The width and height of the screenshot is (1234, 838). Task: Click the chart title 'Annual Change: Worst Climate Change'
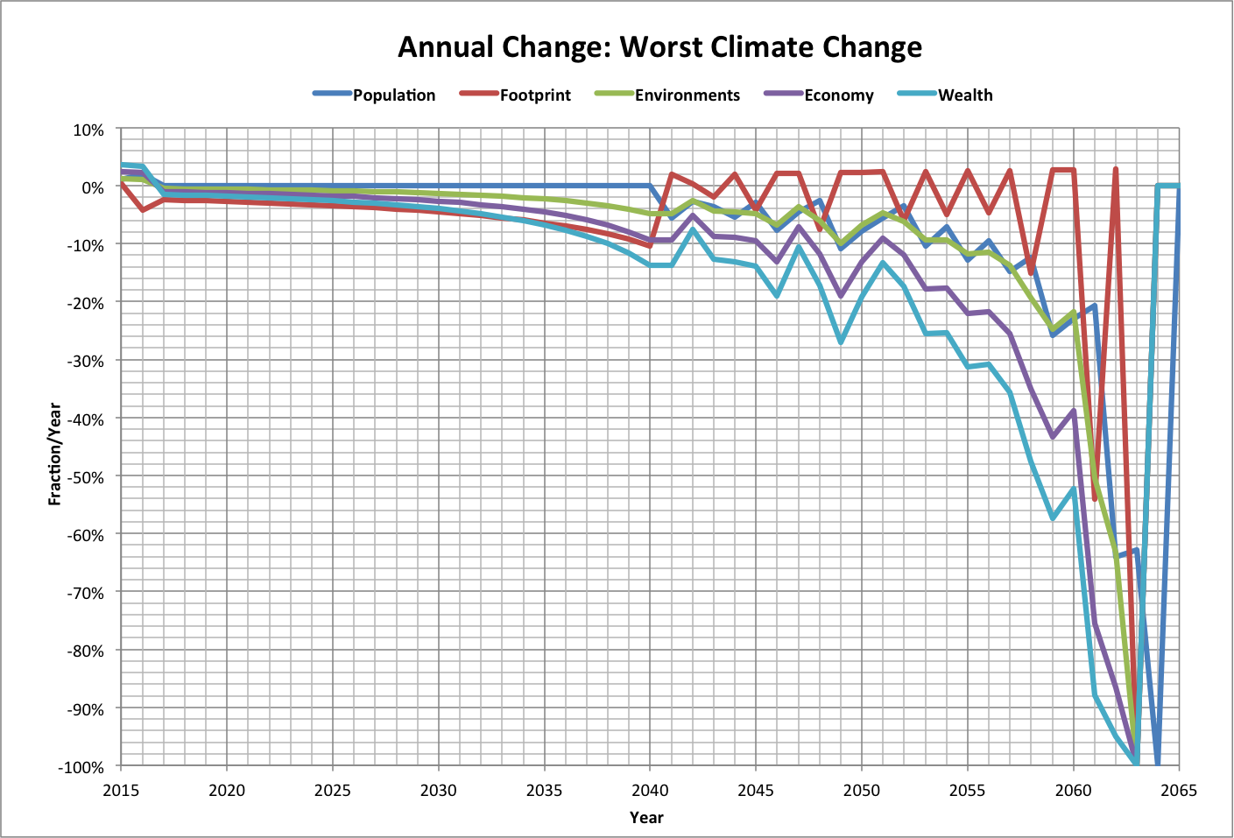click(x=659, y=46)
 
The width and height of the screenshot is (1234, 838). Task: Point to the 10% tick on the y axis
click(x=88, y=130)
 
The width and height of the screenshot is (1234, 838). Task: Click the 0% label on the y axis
click(x=92, y=187)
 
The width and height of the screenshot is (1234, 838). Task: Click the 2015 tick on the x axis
click(x=121, y=791)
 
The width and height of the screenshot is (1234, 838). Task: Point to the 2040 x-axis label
click(x=650, y=791)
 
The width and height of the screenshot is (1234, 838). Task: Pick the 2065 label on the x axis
click(x=1178, y=791)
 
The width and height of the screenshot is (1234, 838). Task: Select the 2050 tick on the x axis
click(x=861, y=791)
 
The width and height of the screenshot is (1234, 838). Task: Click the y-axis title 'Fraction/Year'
click(x=54, y=454)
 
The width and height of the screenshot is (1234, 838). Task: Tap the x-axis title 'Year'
click(x=646, y=818)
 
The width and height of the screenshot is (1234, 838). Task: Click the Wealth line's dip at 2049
click(x=840, y=342)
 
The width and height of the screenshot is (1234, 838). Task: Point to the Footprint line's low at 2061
click(x=1095, y=499)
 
